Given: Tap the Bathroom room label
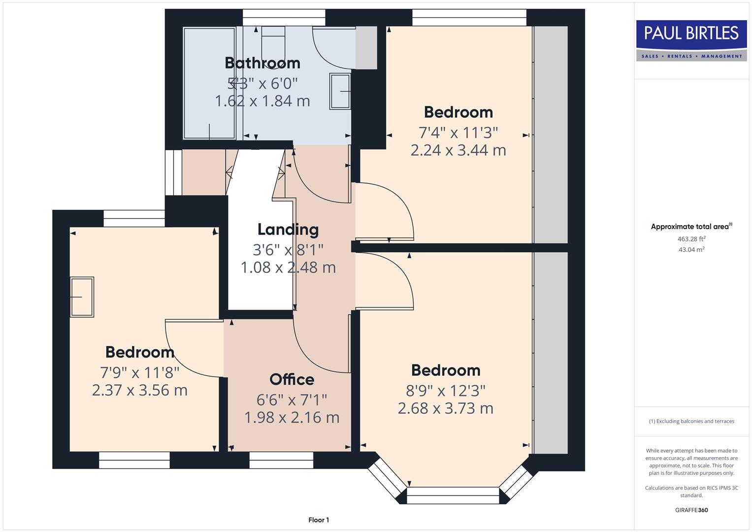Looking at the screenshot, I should [x=262, y=63].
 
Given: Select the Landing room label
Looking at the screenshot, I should [x=288, y=230].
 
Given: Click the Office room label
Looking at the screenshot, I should [x=292, y=379].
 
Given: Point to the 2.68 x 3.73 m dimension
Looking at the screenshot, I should [x=445, y=408].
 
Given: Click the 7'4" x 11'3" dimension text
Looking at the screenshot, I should [x=458, y=133].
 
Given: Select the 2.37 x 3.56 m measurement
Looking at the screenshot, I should [x=139, y=390].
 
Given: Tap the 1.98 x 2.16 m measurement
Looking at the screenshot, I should [x=292, y=418].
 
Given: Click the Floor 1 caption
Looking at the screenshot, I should [x=319, y=520].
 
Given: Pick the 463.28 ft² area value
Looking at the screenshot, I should [x=691, y=239].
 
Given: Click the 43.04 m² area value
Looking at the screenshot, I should [x=691, y=249].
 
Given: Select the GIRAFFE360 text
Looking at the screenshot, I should [x=691, y=510].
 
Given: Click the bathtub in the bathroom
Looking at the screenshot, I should [x=209, y=83].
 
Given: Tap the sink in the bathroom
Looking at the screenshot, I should [x=340, y=91].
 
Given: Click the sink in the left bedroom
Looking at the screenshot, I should [x=82, y=297].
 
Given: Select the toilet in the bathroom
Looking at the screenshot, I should [x=273, y=42].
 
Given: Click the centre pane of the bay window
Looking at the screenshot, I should [x=453, y=496].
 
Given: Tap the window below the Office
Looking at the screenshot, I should [x=281, y=460].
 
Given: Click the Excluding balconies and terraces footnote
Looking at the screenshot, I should [x=691, y=421].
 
